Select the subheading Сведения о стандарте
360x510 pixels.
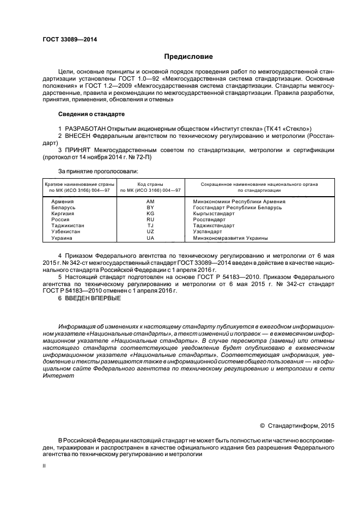pos(91,114)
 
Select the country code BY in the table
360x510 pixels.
pos(150,208)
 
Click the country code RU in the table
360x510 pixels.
pos(150,220)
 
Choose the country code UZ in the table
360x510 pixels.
pos(150,232)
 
